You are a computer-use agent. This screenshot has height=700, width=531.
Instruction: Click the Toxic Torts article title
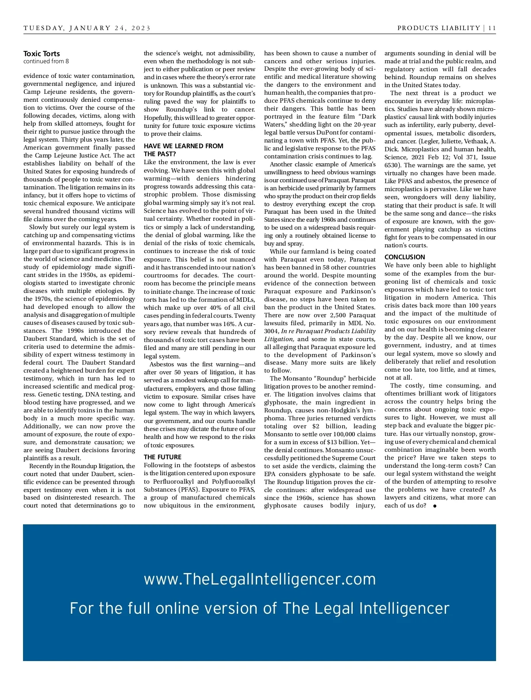coord(42,54)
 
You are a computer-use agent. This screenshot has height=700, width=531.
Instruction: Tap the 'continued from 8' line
coord(46,62)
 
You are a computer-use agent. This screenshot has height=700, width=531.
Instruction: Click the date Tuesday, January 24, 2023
coord(87,28)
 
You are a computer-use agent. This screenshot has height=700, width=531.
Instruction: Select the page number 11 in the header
coord(492,28)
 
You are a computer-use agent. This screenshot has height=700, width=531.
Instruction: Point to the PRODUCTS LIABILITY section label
coord(439,28)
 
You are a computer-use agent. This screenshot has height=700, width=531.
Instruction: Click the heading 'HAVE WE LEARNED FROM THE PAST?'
coord(183,150)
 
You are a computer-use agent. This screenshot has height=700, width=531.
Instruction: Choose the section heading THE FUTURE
coord(162,457)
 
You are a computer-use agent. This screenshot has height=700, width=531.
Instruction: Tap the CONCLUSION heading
coord(404,257)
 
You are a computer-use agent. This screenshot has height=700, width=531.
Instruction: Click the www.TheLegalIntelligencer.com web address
coord(260,579)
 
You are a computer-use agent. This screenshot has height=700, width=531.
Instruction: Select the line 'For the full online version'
coord(259,608)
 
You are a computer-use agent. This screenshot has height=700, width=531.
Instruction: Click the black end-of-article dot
coord(435,506)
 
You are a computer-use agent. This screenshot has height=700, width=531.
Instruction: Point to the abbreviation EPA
coord(271,474)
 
